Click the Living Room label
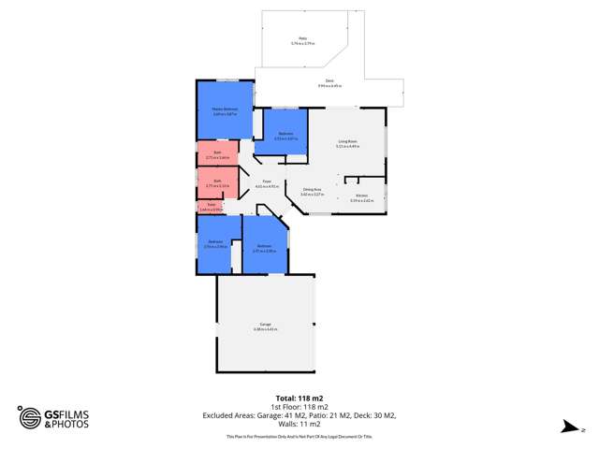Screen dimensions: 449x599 tap(348, 143)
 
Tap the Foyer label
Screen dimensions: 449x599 tap(267, 183)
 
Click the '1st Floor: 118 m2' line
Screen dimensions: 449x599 tap(299, 407)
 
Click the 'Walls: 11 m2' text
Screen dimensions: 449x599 tap(299, 424)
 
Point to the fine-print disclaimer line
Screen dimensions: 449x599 tap(299, 437)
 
